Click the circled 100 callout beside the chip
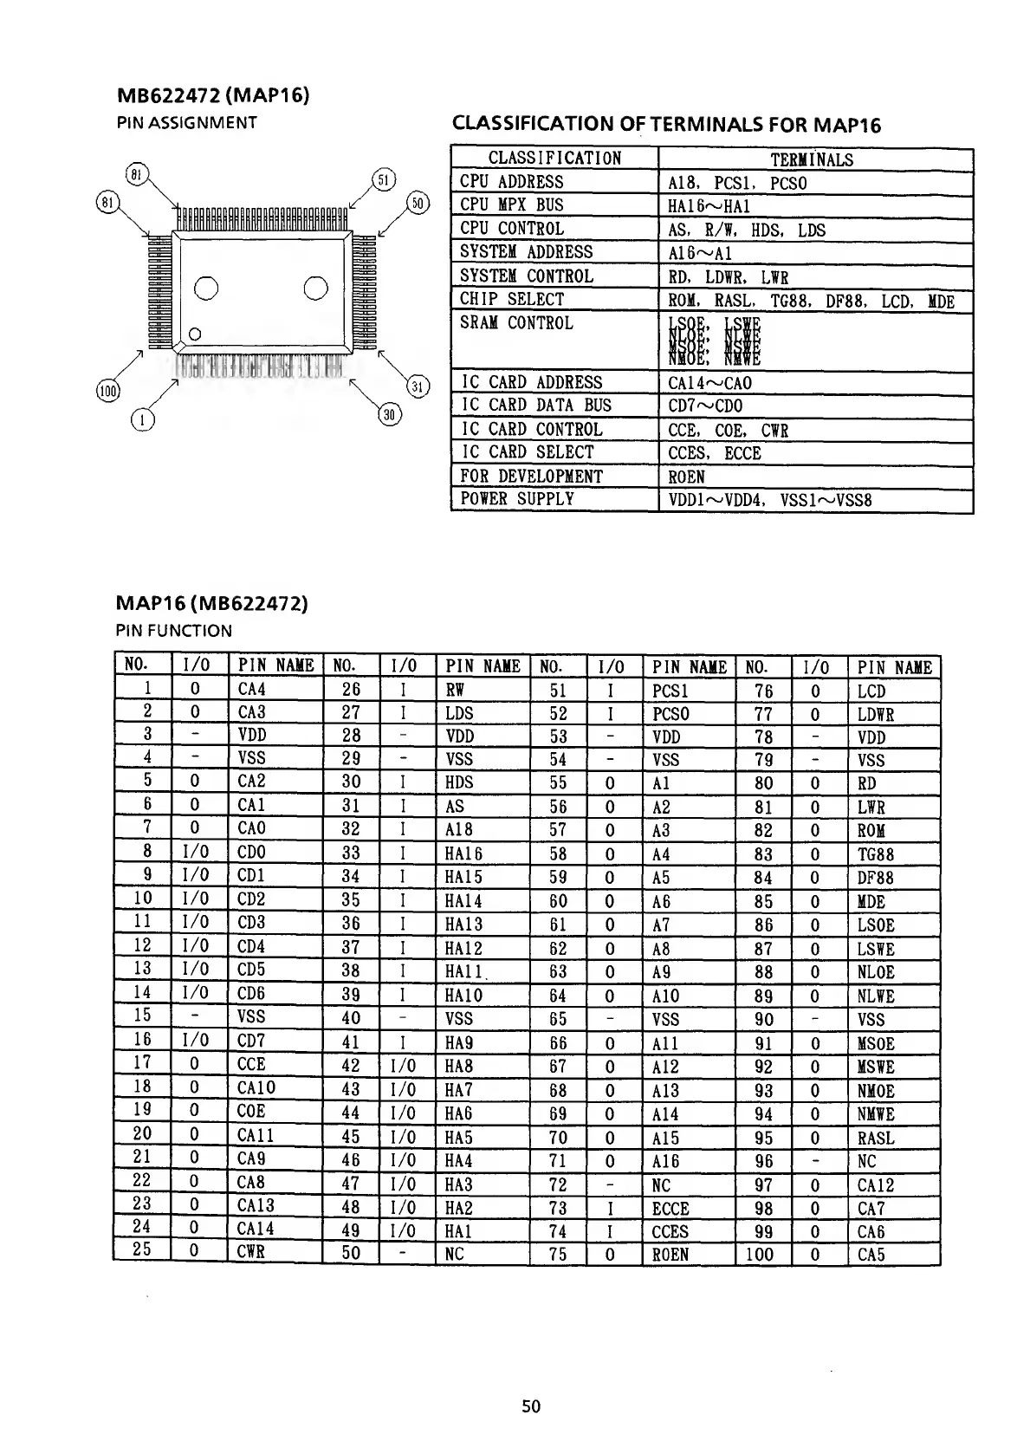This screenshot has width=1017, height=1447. (x=107, y=392)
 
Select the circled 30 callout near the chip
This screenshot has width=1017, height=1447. (x=390, y=414)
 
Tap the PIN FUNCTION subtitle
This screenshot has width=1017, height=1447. (x=174, y=631)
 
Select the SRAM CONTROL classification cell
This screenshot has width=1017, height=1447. (x=516, y=323)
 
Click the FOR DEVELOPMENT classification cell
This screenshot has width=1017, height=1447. (x=531, y=477)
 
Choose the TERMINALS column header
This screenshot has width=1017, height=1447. (x=812, y=159)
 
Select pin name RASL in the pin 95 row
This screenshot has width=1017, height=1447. (x=876, y=1139)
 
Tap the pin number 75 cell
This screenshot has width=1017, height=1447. (x=558, y=1254)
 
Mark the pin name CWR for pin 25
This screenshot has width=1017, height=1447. (x=251, y=1251)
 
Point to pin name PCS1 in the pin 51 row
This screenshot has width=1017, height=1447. (x=670, y=691)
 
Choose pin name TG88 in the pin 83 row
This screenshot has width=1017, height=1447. (x=876, y=854)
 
